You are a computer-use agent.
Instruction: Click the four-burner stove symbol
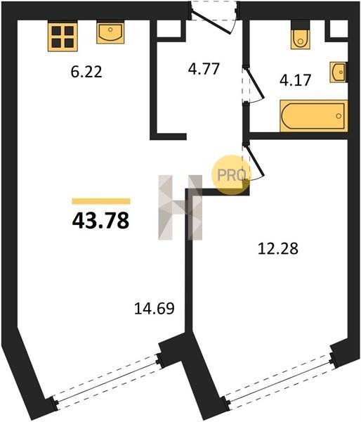click(x=63, y=37)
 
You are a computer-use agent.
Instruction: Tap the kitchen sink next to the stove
click(x=110, y=33)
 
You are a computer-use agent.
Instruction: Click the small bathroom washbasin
click(x=339, y=72)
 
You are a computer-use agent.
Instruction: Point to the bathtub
click(x=314, y=116)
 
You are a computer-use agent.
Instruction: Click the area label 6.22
click(x=86, y=72)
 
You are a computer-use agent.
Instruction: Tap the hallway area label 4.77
click(x=204, y=69)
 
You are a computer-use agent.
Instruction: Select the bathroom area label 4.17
click(x=295, y=80)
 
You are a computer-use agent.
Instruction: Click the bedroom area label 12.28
click(x=278, y=249)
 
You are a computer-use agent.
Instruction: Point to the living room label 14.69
click(x=155, y=309)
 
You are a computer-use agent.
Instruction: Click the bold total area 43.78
click(x=101, y=220)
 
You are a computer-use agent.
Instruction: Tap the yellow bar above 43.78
click(x=101, y=201)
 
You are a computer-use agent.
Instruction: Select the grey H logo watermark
click(x=180, y=207)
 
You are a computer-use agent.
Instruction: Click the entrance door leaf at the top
click(x=211, y=23)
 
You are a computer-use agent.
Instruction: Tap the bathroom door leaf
click(x=254, y=83)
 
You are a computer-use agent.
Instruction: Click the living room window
click(x=107, y=381)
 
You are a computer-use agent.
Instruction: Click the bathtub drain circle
click(x=339, y=116)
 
